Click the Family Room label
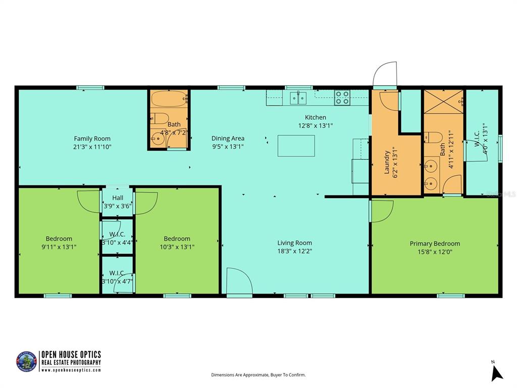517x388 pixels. pos(92,138)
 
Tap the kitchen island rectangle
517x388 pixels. pos(296,146)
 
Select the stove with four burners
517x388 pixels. pos(342,97)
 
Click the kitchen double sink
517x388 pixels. pos(298,97)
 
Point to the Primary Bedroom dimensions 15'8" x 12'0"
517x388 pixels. pos(435,251)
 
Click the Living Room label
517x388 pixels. pos(294,243)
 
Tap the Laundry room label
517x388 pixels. pos(387,162)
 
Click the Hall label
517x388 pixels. pos(118,198)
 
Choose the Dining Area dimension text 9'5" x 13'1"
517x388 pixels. pos(228,147)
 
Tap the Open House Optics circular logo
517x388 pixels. pos(27,362)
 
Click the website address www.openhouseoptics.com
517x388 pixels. pos(71,370)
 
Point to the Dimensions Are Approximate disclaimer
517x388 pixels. pos(258,375)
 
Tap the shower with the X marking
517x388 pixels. pos(443,102)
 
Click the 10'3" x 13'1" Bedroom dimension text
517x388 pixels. pos(177,247)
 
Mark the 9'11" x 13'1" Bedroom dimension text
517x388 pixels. pos(59,247)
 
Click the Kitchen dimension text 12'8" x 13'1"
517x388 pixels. pos(316,125)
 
